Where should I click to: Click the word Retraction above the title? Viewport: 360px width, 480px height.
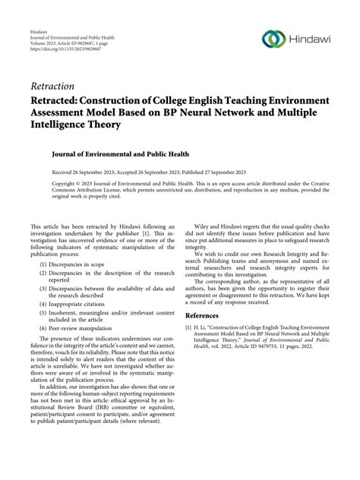point(52,86)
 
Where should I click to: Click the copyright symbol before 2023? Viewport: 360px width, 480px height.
point(82,183)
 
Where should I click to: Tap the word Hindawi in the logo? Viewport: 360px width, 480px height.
point(311,40)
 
